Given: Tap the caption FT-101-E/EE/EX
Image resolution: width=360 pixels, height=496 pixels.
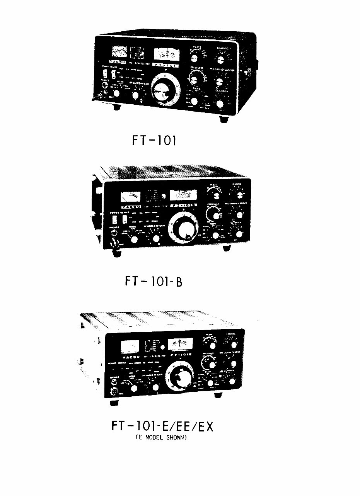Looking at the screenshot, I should coord(162,428).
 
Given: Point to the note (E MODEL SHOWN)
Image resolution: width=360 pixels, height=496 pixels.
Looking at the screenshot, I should coord(162,438).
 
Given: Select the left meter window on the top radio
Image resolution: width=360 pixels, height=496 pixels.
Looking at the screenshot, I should coord(119,52).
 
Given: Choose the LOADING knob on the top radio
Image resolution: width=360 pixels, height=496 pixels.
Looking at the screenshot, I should coord(221,59).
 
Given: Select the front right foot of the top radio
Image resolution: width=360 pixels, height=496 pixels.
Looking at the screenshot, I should coord(224,119).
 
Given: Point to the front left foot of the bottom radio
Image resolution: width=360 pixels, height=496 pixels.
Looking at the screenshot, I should coord(114,403).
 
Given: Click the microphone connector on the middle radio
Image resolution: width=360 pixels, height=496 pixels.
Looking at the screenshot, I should coord(115,244).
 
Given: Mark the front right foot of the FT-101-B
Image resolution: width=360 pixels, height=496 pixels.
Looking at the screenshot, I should coord(227,248).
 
